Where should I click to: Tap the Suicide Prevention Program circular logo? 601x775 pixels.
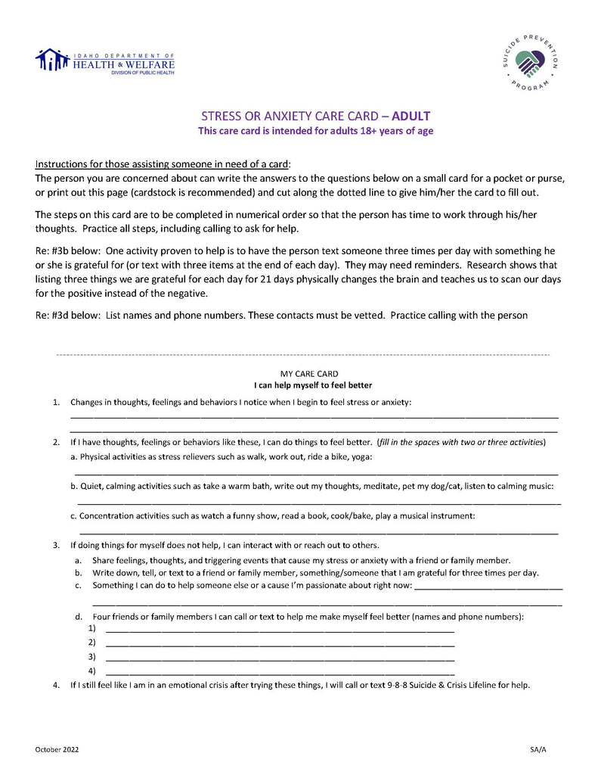530,61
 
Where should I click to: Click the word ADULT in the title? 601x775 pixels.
410,116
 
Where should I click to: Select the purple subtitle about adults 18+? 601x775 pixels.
315,131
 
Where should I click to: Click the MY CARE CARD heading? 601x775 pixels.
309,373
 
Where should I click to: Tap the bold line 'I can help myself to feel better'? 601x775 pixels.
313,385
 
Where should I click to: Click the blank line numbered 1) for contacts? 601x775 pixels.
280,630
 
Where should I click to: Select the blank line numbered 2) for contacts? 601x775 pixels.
280,644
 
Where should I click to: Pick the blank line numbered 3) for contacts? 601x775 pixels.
280,658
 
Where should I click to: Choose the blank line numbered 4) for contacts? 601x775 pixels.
280,672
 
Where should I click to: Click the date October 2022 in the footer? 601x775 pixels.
57,749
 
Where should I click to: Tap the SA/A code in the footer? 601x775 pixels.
538,749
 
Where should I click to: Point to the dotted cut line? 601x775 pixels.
302,354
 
